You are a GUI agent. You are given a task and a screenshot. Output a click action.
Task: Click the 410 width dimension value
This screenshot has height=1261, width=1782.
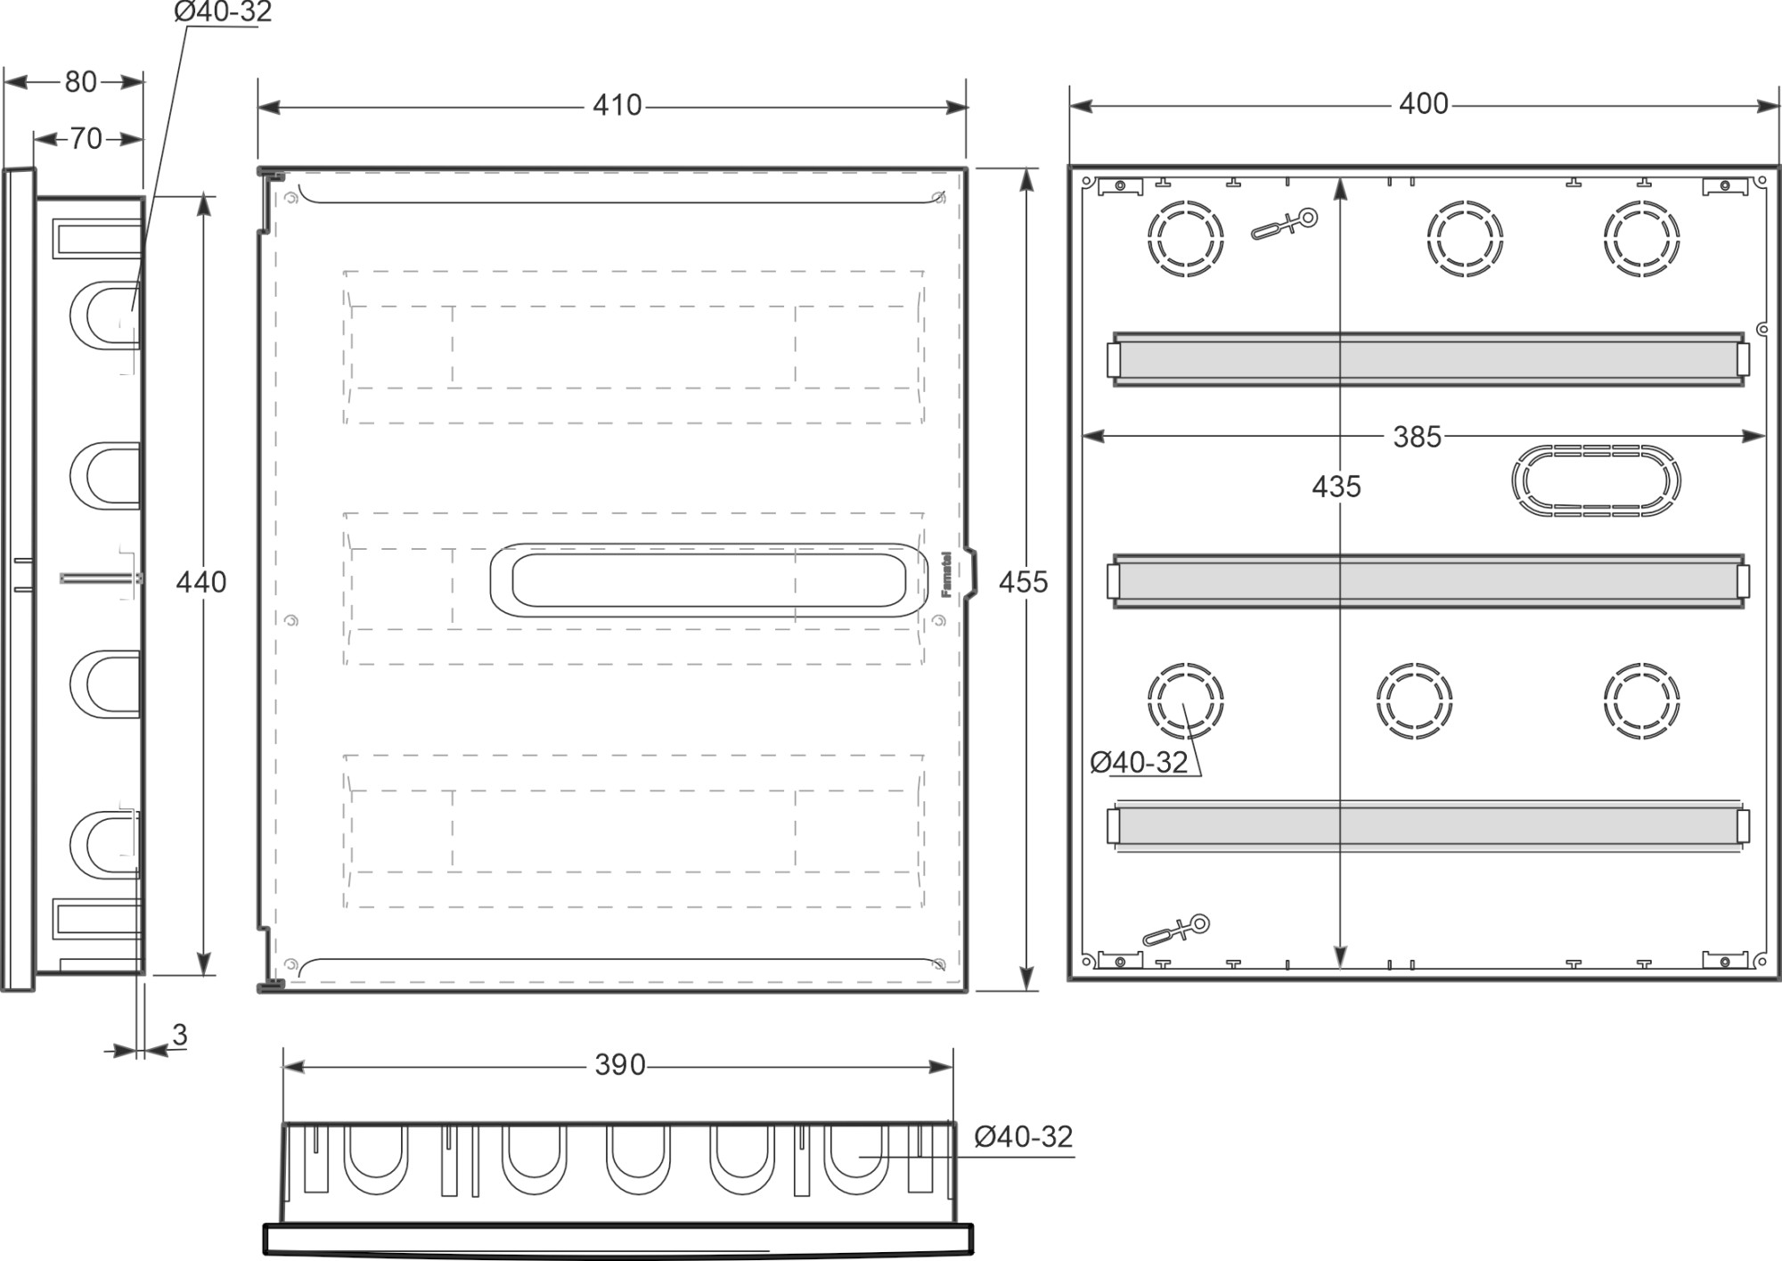click(617, 105)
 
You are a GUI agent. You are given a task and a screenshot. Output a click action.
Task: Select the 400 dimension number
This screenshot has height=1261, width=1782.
click(1423, 104)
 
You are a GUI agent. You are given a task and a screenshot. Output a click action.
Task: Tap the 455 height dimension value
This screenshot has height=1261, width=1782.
click(1023, 582)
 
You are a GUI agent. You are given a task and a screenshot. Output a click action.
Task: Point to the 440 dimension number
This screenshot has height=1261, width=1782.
click(200, 582)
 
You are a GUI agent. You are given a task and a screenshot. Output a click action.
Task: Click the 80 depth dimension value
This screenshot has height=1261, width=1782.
click(80, 82)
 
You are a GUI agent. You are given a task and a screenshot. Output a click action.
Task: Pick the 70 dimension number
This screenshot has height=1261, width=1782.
click(86, 139)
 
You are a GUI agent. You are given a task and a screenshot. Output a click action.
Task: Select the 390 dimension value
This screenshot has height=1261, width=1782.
click(619, 1065)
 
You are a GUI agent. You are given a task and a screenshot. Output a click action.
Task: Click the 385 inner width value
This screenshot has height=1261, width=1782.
click(1417, 437)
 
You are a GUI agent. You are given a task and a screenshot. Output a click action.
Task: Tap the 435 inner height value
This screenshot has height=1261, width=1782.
click(1336, 487)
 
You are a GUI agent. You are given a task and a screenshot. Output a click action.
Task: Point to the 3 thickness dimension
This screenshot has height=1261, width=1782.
click(180, 1036)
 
